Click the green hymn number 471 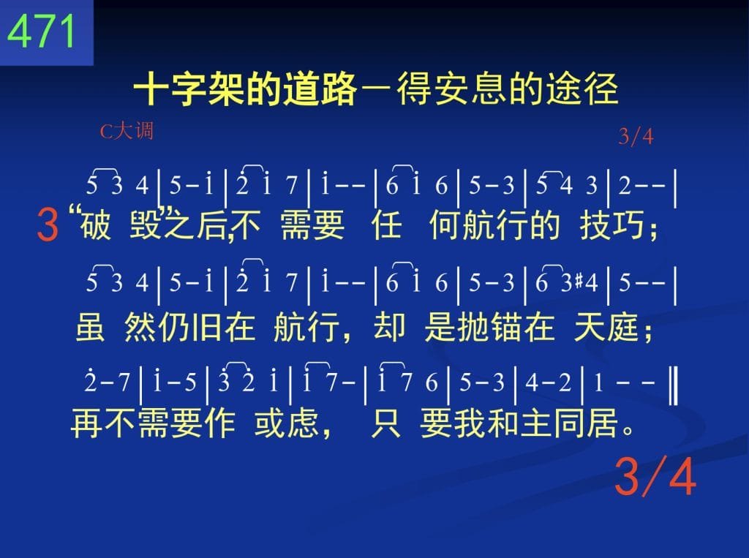click(x=42, y=31)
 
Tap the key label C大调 click(x=127, y=130)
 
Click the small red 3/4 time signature click(x=636, y=137)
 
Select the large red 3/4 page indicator click(x=655, y=476)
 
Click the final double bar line click(x=674, y=384)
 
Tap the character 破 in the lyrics click(x=96, y=225)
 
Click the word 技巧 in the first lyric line click(x=612, y=225)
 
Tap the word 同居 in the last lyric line click(x=587, y=423)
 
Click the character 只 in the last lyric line click(x=385, y=423)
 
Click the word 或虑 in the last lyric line click(x=286, y=423)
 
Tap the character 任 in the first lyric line click(x=386, y=225)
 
